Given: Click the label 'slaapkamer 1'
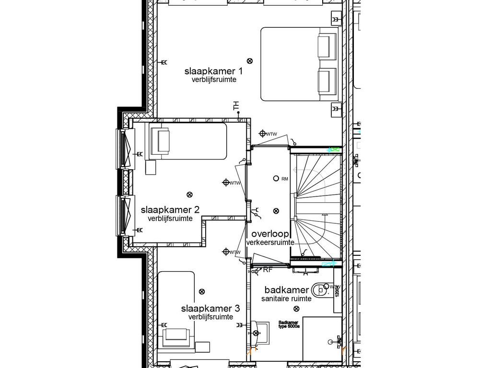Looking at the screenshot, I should click(x=213, y=71).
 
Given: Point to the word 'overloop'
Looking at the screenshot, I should click(x=270, y=234).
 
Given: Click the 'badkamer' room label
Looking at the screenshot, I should click(x=286, y=290).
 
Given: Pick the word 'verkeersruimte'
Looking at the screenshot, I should click(x=270, y=243).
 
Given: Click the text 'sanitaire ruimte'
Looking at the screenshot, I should click(x=286, y=299).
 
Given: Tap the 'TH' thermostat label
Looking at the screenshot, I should click(x=235, y=105).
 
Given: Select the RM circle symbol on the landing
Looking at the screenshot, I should click(x=276, y=178).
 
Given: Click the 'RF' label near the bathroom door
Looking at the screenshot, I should click(x=268, y=270).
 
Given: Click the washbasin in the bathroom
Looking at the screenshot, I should click(x=259, y=331).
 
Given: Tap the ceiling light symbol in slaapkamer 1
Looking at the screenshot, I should click(x=249, y=60).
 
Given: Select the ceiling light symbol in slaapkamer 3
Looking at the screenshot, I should click(x=201, y=291).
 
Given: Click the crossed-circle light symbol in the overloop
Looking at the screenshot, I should click(x=276, y=211).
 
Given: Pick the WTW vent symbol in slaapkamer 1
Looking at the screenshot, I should click(x=262, y=133).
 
